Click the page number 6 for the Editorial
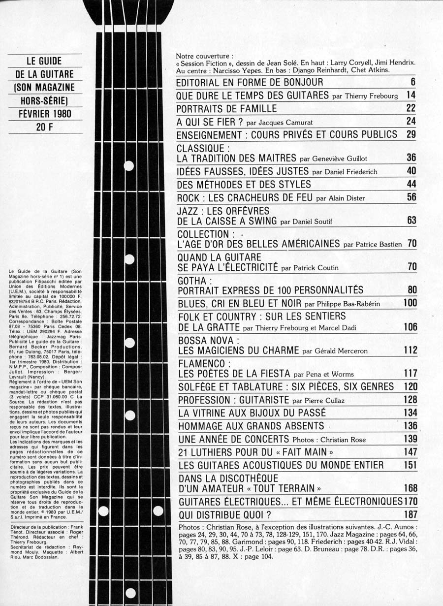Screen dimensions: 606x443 click(x=413, y=82)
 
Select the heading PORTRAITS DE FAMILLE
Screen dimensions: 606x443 click(x=226, y=108)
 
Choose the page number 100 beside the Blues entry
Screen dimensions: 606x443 click(x=410, y=303)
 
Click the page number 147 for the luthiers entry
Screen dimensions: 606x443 click(x=410, y=451)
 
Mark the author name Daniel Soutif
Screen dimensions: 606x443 click(x=306, y=222)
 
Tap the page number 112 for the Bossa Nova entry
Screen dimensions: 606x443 click(x=410, y=351)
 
